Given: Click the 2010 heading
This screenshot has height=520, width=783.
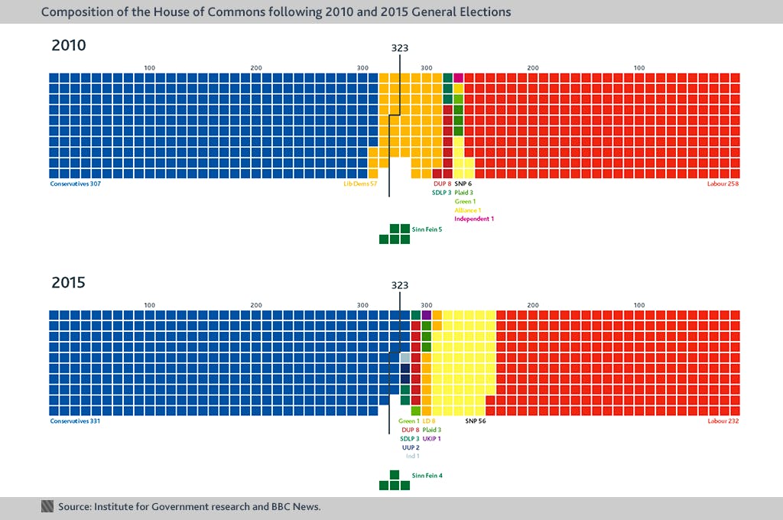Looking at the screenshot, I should coord(69,45).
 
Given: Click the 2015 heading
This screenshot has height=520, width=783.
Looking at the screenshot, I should coord(69,282).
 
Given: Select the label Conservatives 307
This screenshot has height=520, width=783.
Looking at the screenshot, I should coord(75,184).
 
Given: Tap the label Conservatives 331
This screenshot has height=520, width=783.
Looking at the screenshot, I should coord(75,421).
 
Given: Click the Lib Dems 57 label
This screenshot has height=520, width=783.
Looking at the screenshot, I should coord(360,184).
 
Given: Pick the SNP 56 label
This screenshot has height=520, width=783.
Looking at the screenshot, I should coord(476,421).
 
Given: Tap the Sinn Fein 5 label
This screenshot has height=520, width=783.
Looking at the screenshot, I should coord(427,229).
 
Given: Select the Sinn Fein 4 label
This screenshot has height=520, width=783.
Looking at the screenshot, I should coord(427,476).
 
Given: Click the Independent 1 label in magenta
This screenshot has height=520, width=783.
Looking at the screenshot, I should coord(474,219).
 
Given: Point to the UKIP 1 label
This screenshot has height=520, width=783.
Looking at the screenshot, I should coord(432,439).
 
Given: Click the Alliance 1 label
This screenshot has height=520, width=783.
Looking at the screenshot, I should coord(468,210).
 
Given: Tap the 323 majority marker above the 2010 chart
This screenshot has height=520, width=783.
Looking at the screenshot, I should coord(399,47).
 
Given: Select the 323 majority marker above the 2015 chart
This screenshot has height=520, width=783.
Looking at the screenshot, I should coord(399,284).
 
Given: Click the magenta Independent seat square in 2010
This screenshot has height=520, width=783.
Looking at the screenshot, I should coord(459,78).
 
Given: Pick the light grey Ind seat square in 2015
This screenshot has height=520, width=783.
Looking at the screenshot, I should coord(405,357).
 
